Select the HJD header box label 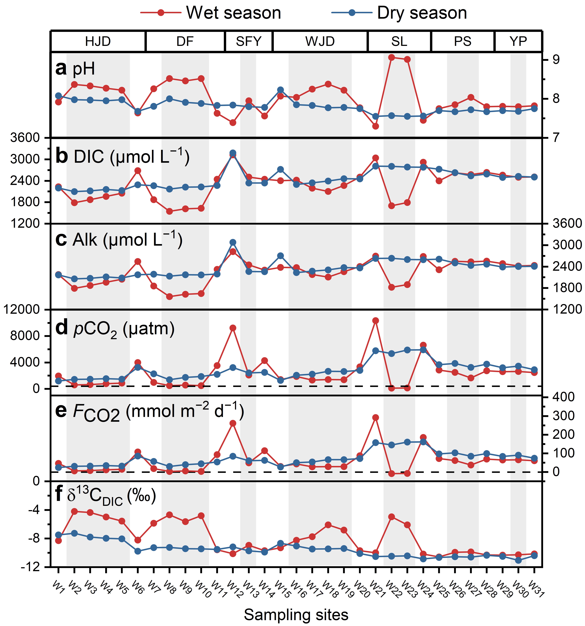pyautogui.click(x=98, y=41)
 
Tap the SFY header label pyautogui.click(x=249, y=41)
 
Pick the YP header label pyautogui.click(x=518, y=41)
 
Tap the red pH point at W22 pyautogui.click(x=391, y=57)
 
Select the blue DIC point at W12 pyautogui.click(x=233, y=153)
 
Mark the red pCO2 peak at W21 pyautogui.click(x=375, y=321)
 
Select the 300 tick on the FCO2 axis pyautogui.click(x=563, y=416)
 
